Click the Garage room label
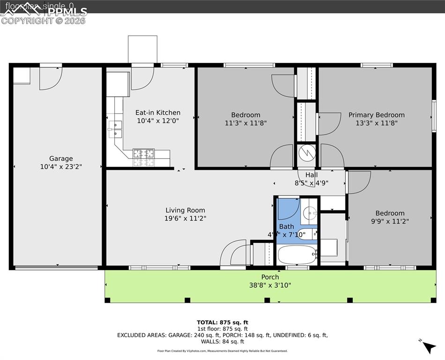61,158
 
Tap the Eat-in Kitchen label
158,112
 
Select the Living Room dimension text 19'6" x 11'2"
185,218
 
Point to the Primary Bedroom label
376,115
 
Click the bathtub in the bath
297,255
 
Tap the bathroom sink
309,213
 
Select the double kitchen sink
115,129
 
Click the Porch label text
270,277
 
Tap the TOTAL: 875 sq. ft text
222,322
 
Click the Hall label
311,175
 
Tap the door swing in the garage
51,78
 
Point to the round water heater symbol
307,153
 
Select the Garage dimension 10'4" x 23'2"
61,166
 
